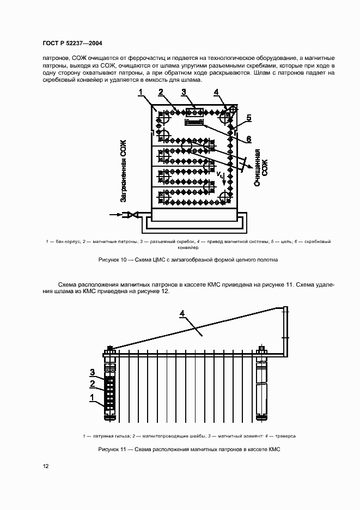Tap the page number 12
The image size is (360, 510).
45,466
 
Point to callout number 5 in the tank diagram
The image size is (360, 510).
248,118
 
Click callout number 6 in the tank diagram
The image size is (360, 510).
248,139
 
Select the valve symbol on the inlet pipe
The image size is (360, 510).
131,216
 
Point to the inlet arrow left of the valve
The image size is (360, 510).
116,215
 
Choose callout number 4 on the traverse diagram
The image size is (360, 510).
183,313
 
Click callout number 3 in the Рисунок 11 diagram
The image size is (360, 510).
92,372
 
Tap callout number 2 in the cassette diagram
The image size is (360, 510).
92,384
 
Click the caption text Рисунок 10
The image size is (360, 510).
112,260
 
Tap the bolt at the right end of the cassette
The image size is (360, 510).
262,350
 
